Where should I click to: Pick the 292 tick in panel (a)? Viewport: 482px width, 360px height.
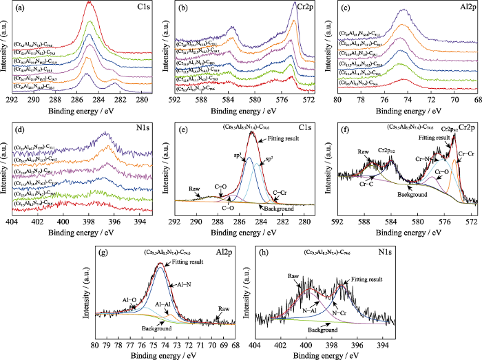pos(12,99)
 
